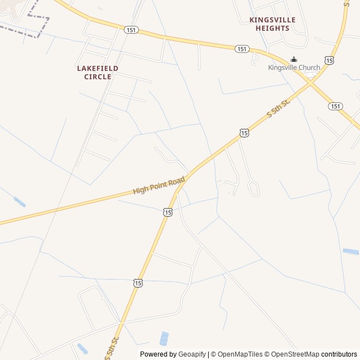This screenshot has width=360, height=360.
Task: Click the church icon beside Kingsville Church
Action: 294,60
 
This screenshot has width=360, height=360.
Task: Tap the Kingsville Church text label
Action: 294,68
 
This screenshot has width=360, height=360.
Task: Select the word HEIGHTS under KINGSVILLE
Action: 272,28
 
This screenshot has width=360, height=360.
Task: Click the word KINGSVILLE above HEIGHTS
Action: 272,20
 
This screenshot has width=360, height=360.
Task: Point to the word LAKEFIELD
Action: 97,68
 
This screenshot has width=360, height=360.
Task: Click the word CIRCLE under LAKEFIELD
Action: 97,76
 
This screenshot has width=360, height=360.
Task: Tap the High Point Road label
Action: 159,186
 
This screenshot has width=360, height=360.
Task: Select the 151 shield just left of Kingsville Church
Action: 242,49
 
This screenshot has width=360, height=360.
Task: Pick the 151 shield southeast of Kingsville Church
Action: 336,106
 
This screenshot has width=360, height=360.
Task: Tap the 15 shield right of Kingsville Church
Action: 329,60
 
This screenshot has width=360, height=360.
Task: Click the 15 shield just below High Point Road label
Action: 168,211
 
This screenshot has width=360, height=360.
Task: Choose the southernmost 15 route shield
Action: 138,283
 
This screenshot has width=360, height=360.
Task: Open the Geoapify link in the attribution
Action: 192,354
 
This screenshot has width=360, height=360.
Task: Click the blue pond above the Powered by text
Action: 164,338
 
